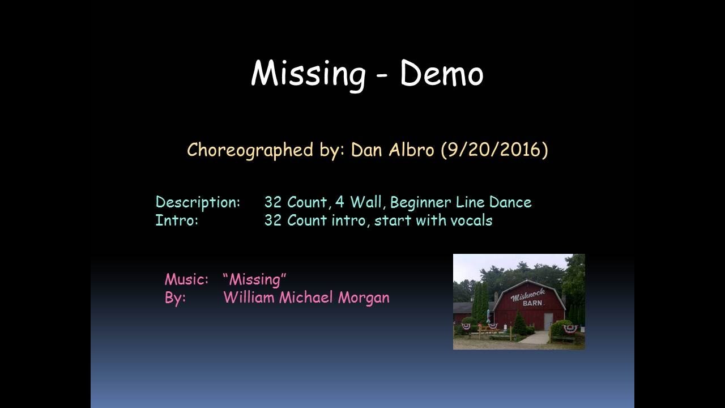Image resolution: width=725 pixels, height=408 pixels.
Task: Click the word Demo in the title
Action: [x=441, y=74]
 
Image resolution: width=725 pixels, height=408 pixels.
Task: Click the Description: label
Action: [x=198, y=202]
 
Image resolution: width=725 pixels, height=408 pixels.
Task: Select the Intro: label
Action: [x=177, y=220]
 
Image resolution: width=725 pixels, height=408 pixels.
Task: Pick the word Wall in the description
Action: [x=365, y=202]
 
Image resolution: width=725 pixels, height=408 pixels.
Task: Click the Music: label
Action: [x=186, y=279]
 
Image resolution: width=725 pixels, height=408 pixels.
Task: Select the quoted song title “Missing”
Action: [x=255, y=279]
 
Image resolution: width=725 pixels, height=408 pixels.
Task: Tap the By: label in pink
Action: [x=175, y=298]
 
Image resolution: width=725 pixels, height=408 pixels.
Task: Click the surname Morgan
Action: [x=364, y=298]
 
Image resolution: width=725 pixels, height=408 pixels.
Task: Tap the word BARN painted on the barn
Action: [x=532, y=303]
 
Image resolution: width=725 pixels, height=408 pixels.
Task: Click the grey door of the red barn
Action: [x=548, y=321]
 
